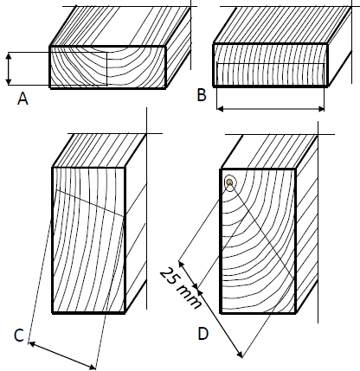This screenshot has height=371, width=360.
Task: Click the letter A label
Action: point(22,99)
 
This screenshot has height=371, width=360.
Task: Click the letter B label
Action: point(202,95)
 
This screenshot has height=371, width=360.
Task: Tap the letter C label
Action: point(19,336)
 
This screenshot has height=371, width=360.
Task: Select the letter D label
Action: point(203,334)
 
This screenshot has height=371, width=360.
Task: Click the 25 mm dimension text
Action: point(180,288)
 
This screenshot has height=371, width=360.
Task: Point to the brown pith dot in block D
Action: point(229,182)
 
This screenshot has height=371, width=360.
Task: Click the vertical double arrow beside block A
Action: point(9,68)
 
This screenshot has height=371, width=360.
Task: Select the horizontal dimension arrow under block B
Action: point(271,109)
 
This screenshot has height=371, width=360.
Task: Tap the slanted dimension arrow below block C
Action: point(62,355)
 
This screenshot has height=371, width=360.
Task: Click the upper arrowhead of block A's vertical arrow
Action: point(9,55)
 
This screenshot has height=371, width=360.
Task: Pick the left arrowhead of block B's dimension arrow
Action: point(220,109)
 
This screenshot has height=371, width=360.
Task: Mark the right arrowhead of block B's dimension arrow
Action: point(321,109)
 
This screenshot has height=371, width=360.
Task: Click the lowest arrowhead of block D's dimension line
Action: point(240,355)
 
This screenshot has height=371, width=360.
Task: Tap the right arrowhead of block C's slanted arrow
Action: point(93,368)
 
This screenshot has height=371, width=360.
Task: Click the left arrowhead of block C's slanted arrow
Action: point(32,343)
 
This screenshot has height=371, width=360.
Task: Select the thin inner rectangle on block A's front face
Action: point(107,69)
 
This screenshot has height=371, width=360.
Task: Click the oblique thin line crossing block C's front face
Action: point(90,202)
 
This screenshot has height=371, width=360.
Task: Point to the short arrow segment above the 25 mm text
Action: point(188,275)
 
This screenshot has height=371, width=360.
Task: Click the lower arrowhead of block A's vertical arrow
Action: point(9,82)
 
